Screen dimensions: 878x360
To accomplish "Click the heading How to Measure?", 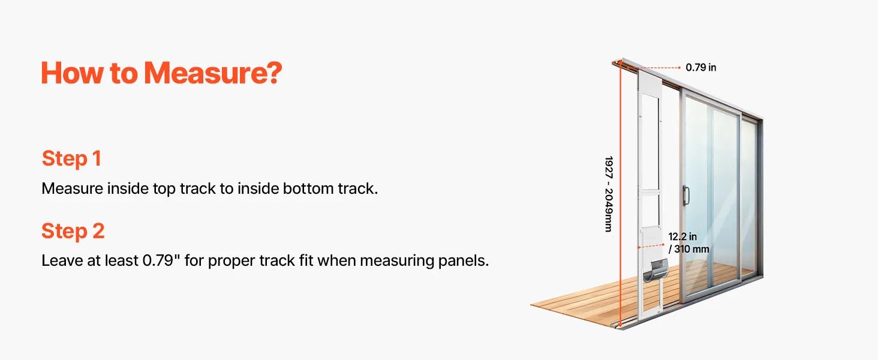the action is (161, 73).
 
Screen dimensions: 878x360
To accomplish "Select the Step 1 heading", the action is (71, 158).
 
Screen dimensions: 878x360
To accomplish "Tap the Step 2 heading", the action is (73, 231).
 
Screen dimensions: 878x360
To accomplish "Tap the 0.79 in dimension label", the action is (701, 67).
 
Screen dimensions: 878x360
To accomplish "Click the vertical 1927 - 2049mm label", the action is (609, 194).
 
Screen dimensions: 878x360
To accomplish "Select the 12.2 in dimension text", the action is (682, 237).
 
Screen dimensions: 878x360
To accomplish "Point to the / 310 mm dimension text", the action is (688, 249).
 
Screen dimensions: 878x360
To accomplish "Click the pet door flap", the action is (655, 270).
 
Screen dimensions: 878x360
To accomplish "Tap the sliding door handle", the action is (686, 195).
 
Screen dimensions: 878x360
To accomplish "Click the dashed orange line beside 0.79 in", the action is (654, 68).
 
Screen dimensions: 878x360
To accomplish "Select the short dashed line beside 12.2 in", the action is (651, 246).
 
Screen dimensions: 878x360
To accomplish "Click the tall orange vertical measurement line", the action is (621, 194).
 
